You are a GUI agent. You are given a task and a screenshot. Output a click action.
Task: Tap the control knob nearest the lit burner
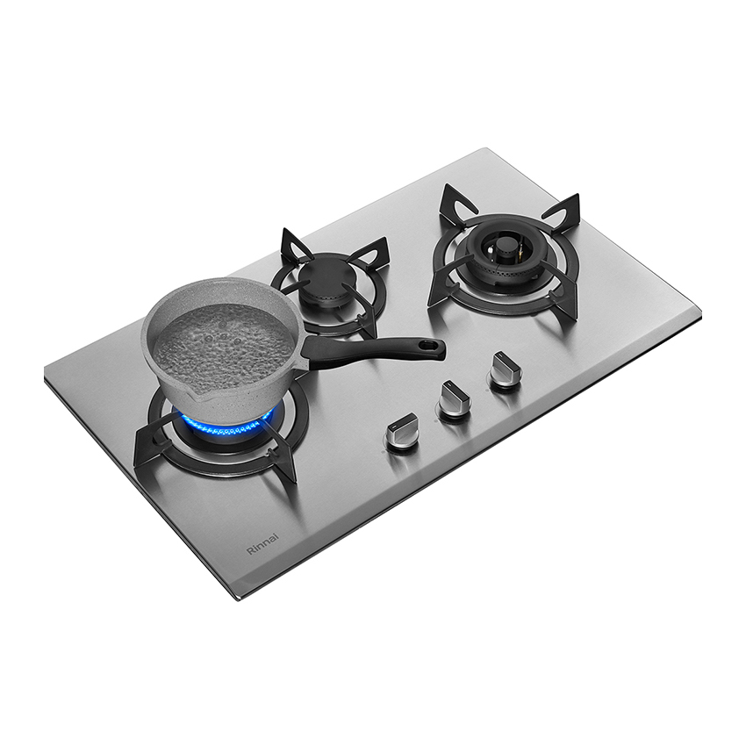402,432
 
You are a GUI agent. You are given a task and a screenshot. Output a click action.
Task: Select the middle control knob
455,398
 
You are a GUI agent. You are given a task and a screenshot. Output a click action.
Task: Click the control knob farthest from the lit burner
505,370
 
